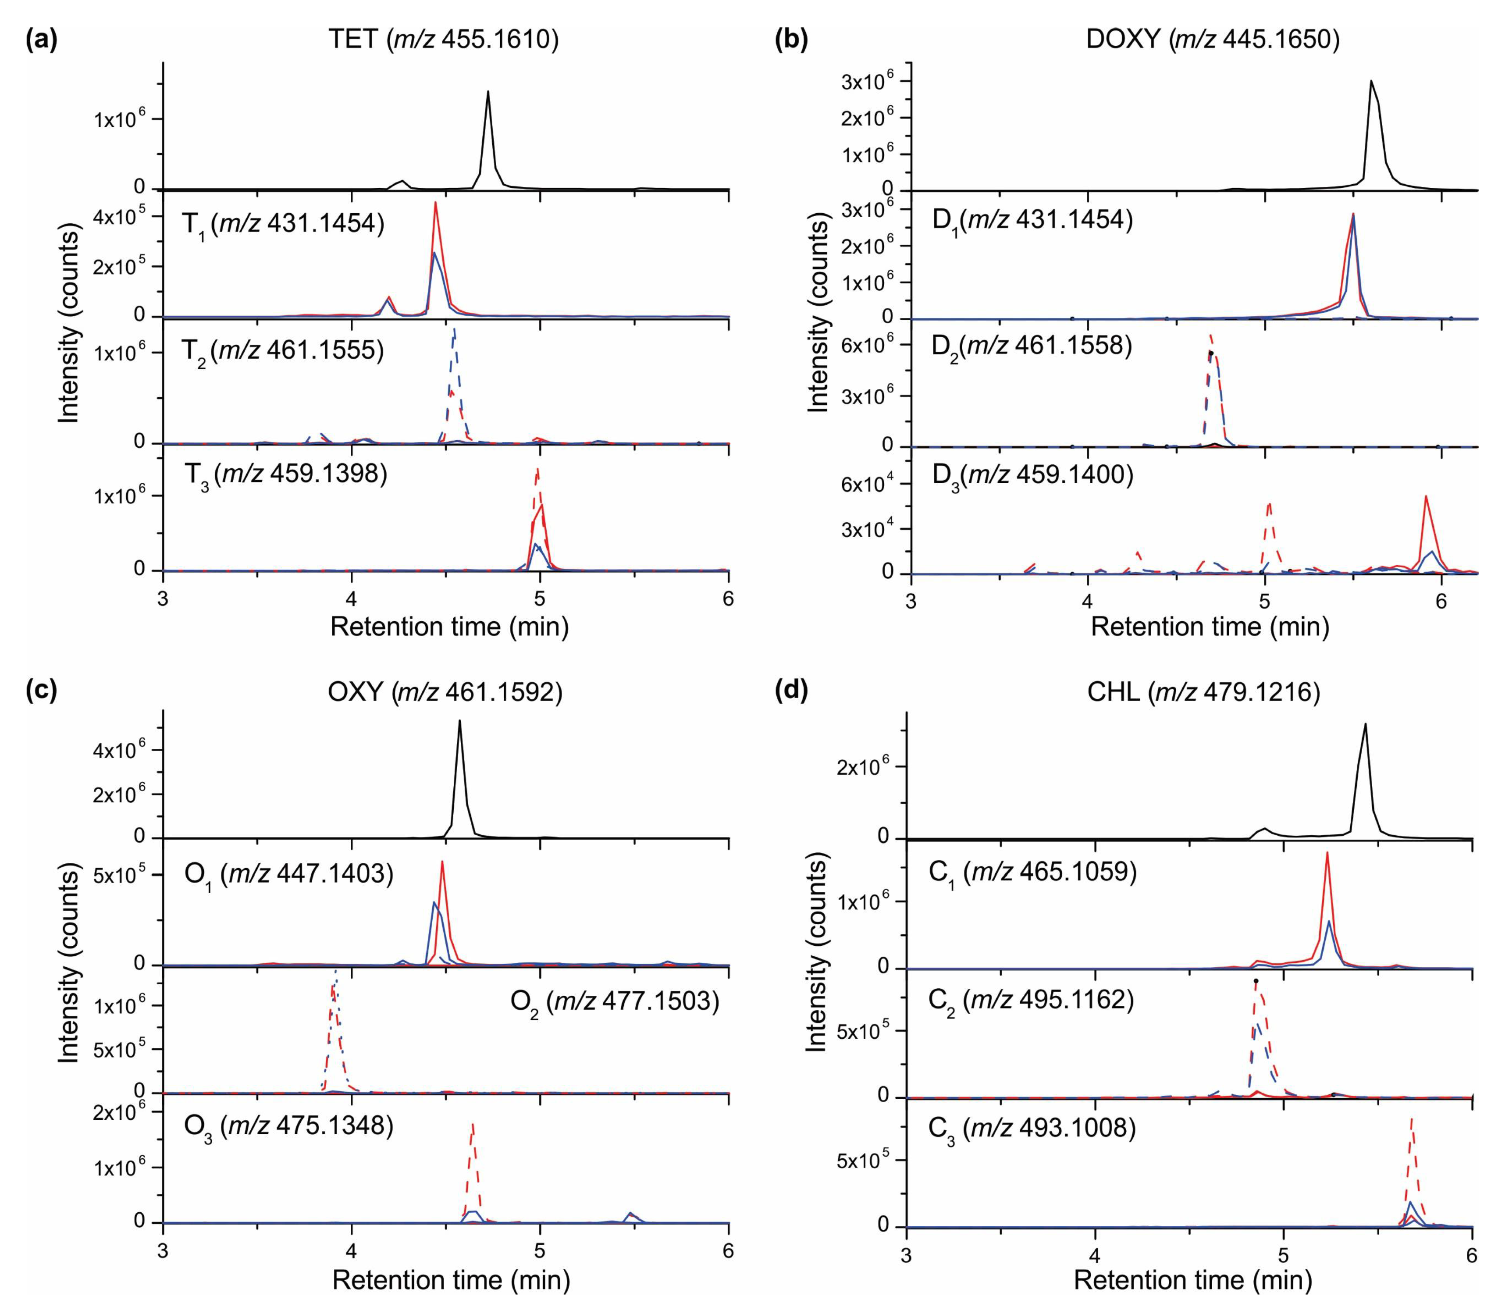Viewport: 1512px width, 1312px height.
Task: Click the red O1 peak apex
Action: pyautogui.click(x=441, y=862)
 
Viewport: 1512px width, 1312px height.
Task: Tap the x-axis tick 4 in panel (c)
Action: pyautogui.click(x=352, y=1253)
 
